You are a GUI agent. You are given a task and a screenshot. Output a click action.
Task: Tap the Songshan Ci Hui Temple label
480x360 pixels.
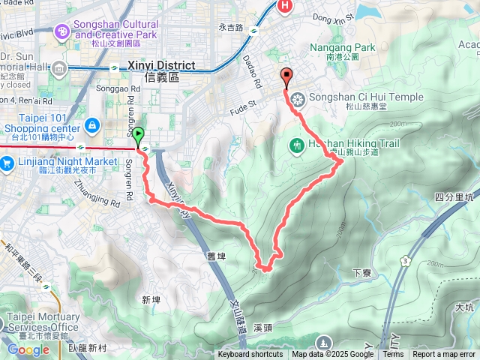point(352,97)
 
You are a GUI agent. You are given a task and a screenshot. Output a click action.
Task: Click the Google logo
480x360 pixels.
point(28,349)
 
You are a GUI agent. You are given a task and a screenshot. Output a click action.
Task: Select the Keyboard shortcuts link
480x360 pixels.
point(250,355)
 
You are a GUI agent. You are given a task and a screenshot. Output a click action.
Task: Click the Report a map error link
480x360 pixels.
point(444,355)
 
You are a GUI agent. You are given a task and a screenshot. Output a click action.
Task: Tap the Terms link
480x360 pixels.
point(393,355)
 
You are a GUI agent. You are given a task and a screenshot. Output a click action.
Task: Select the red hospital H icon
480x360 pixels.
point(285,7)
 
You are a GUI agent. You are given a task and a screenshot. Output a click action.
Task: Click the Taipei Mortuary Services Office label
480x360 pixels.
point(42,322)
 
